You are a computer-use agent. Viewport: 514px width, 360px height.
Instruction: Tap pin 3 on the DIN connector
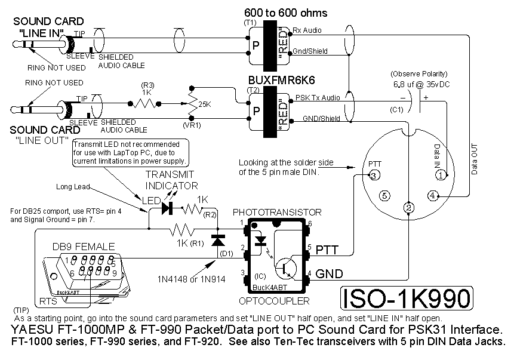[373, 176]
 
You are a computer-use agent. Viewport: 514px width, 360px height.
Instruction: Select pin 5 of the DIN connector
[385, 195]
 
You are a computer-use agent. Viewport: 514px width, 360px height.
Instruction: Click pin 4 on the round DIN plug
[432, 195]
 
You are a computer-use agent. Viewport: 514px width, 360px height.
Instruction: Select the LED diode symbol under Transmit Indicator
[167, 209]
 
